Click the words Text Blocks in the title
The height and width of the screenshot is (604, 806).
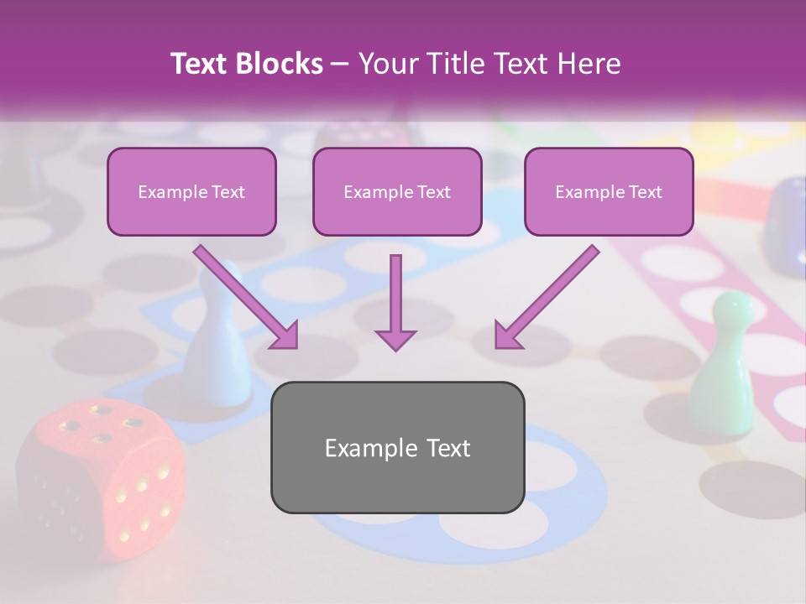pyautogui.click(x=247, y=64)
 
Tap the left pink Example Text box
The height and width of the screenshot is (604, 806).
pyautogui.click(x=191, y=191)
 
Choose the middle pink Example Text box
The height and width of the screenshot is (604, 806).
pyautogui.click(x=397, y=191)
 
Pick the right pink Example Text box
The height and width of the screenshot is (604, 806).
pyautogui.click(x=609, y=191)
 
